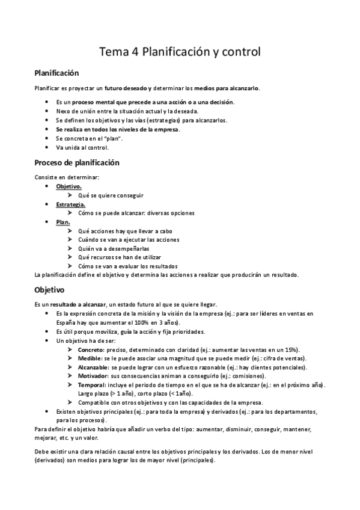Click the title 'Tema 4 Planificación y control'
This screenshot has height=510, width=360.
click(180, 52)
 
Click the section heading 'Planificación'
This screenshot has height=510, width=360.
click(57, 73)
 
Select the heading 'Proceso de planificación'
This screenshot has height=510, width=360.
click(77, 163)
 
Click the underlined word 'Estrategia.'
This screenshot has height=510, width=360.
click(71, 204)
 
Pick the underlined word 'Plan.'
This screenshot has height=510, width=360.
click(63, 222)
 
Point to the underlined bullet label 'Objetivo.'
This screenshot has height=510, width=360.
click(69, 186)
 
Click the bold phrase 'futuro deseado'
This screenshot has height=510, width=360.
click(126, 88)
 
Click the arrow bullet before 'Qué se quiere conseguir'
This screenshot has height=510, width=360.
click(71, 195)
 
